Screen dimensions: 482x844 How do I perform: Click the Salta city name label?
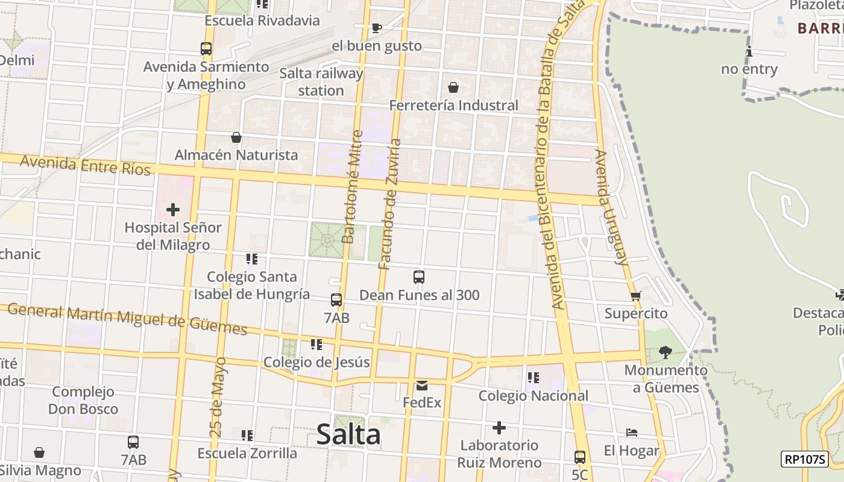click(x=348, y=434)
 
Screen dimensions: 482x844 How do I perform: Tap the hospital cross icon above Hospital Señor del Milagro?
click(x=173, y=210)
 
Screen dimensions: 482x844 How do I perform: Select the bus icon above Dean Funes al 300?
click(x=419, y=277)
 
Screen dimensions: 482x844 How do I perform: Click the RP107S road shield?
click(x=804, y=459)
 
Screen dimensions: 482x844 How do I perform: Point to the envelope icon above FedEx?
click(x=422, y=385)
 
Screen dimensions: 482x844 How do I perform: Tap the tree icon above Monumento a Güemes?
click(x=666, y=352)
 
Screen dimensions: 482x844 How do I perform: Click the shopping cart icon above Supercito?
click(x=635, y=296)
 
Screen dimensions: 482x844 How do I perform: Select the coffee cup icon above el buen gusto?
click(x=376, y=28)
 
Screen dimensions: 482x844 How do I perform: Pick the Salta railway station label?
click(x=321, y=82)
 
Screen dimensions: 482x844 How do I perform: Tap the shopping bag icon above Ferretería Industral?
click(x=453, y=87)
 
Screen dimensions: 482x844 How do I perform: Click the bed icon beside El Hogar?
click(x=632, y=433)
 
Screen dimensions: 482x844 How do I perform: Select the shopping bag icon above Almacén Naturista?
click(x=236, y=137)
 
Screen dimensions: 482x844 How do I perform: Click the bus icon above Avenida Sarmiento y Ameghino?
click(x=206, y=49)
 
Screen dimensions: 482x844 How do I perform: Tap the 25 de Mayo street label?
click(x=218, y=397)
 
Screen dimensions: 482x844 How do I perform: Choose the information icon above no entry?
click(x=749, y=52)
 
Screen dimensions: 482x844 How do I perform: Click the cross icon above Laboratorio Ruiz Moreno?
click(x=499, y=428)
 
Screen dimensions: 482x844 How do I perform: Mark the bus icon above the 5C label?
click(x=579, y=457)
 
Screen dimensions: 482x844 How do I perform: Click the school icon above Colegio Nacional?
click(x=533, y=378)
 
